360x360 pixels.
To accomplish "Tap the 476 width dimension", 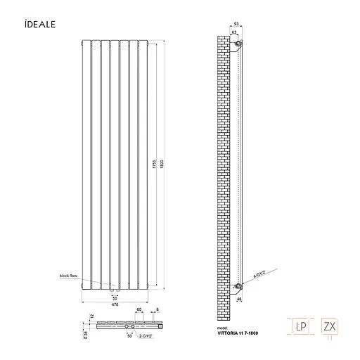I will [115, 304].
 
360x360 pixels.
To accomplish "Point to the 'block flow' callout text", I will [70, 277].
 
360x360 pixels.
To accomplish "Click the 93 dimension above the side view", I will [238, 26].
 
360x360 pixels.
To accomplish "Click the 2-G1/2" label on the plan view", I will [148, 335].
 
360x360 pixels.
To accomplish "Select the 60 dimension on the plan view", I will [139, 309].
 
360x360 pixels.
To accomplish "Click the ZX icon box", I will [330, 327].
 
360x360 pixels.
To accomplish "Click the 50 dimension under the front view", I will [115, 298].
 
